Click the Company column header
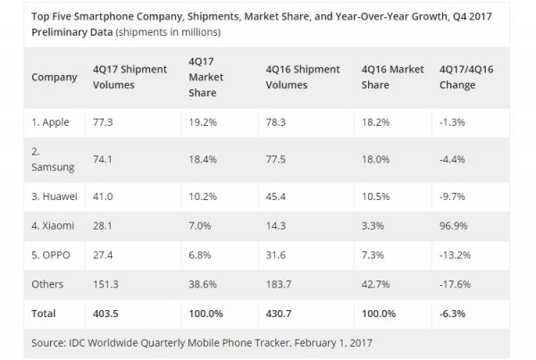coord(54,77)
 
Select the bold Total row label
coord(44,314)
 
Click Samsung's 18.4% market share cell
coord(204,156)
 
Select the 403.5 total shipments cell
coord(117,314)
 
